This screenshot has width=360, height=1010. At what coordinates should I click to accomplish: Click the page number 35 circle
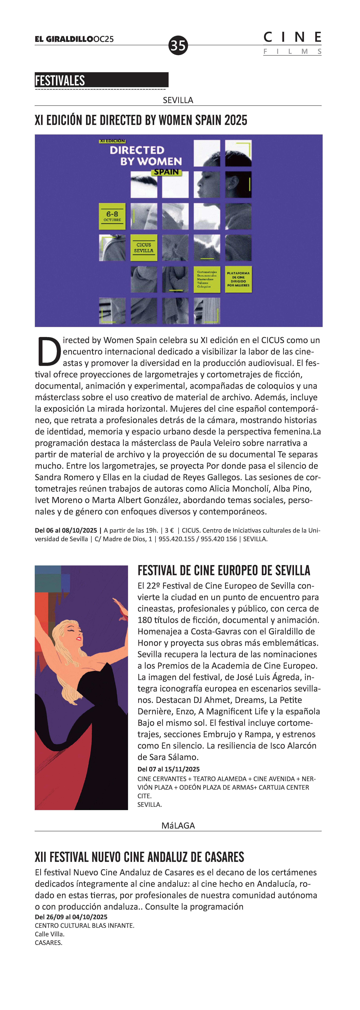pyautogui.click(x=178, y=45)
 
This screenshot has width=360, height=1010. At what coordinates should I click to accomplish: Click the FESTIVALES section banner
pyautogui.click(x=101, y=80)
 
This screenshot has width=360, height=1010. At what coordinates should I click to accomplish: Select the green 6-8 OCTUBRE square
pyautogui.click(x=112, y=216)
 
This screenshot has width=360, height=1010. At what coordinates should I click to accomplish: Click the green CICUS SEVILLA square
pyautogui.click(x=143, y=247)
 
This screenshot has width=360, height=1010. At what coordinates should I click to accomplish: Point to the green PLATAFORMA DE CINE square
pyautogui.click(x=238, y=279)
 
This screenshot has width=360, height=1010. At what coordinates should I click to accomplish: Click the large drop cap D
pyautogui.click(x=49, y=351)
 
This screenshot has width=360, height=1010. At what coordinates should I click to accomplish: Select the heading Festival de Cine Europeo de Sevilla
pyautogui.click(x=224, y=570)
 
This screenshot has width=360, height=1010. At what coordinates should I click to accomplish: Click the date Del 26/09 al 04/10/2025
pyautogui.click(x=71, y=917)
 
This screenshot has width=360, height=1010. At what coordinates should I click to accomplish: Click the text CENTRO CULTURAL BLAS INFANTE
pyautogui.click(x=84, y=925)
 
